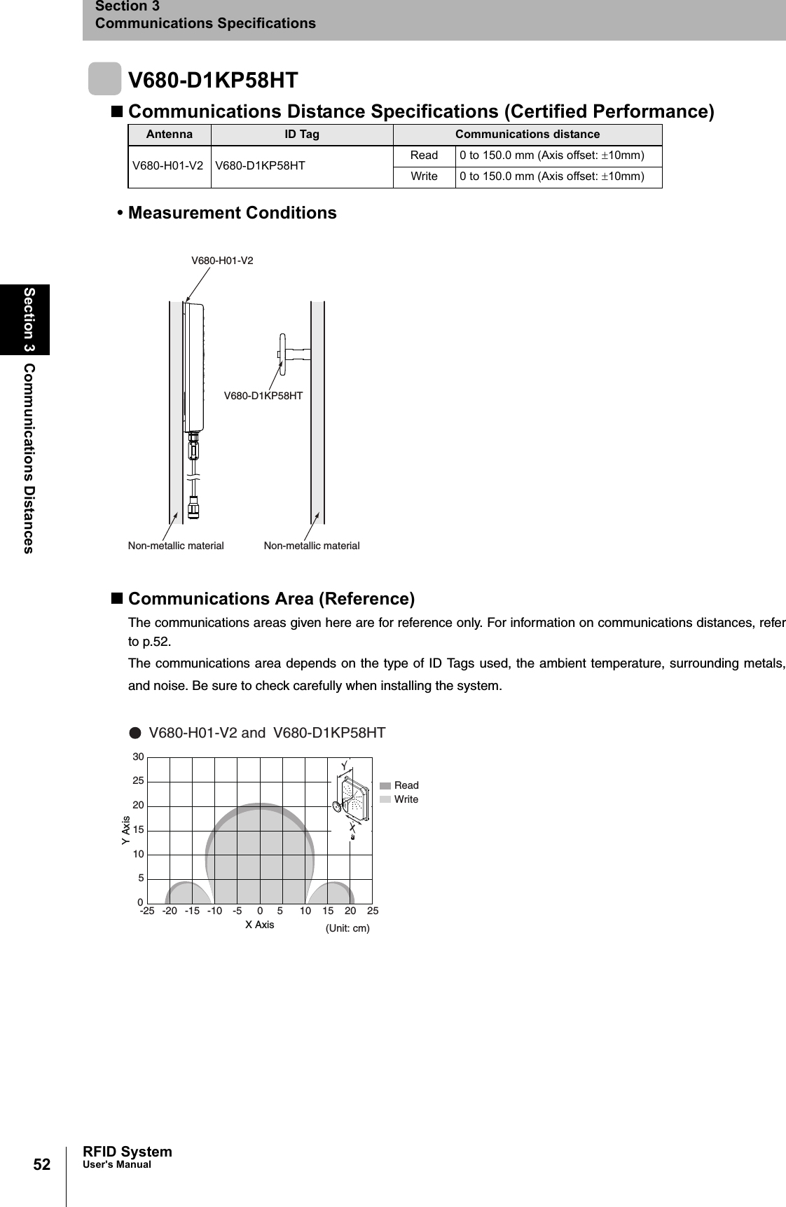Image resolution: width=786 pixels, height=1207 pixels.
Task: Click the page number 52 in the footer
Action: pyautogui.click(x=42, y=1164)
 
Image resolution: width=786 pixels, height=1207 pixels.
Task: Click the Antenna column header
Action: pyautogui.click(x=169, y=135)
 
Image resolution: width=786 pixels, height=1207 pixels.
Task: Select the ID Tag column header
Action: pyautogui.click(x=301, y=135)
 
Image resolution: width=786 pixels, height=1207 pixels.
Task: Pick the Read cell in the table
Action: pyautogui.click(x=424, y=156)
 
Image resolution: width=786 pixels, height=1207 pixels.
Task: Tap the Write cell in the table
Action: pyautogui.click(x=424, y=177)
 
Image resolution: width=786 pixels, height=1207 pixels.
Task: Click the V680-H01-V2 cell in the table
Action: pyautogui.click(x=168, y=166)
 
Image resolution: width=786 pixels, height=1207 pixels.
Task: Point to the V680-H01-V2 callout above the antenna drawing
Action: pyautogui.click(x=222, y=261)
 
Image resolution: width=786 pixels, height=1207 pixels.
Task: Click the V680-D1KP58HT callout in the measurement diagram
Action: pyautogui.click(x=263, y=396)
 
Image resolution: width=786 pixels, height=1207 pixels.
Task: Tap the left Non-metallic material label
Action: pyautogui.click(x=176, y=546)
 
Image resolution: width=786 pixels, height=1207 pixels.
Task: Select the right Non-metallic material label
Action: pyautogui.click(x=312, y=546)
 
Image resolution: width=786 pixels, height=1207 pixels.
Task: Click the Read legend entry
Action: pyautogui.click(x=406, y=785)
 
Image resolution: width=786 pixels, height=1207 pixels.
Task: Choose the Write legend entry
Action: pyautogui.click(x=406, y=799)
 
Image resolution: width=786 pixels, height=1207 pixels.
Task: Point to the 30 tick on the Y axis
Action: pyautogui.click(x=138, y=757)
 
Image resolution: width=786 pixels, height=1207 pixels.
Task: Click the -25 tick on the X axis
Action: pyautogui.click(x=147, y=911)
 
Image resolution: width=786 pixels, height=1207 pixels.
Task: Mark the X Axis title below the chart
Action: pyautogui.click(x=259, y=925)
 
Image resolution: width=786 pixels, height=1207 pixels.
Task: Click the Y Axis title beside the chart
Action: pyautogui.click(x=126, y=830)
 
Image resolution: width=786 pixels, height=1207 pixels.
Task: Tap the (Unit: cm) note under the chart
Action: pyautogui.click(x=347, y=928)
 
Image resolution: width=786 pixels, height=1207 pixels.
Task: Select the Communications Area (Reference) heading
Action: pyautogui.click(x=271, y=599)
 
